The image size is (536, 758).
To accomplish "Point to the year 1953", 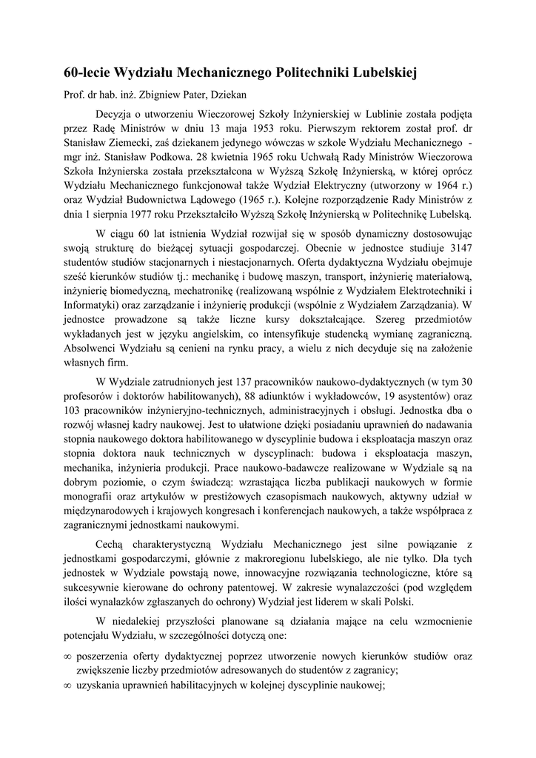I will [261, 127].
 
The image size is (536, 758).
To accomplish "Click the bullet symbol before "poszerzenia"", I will [67, 657].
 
